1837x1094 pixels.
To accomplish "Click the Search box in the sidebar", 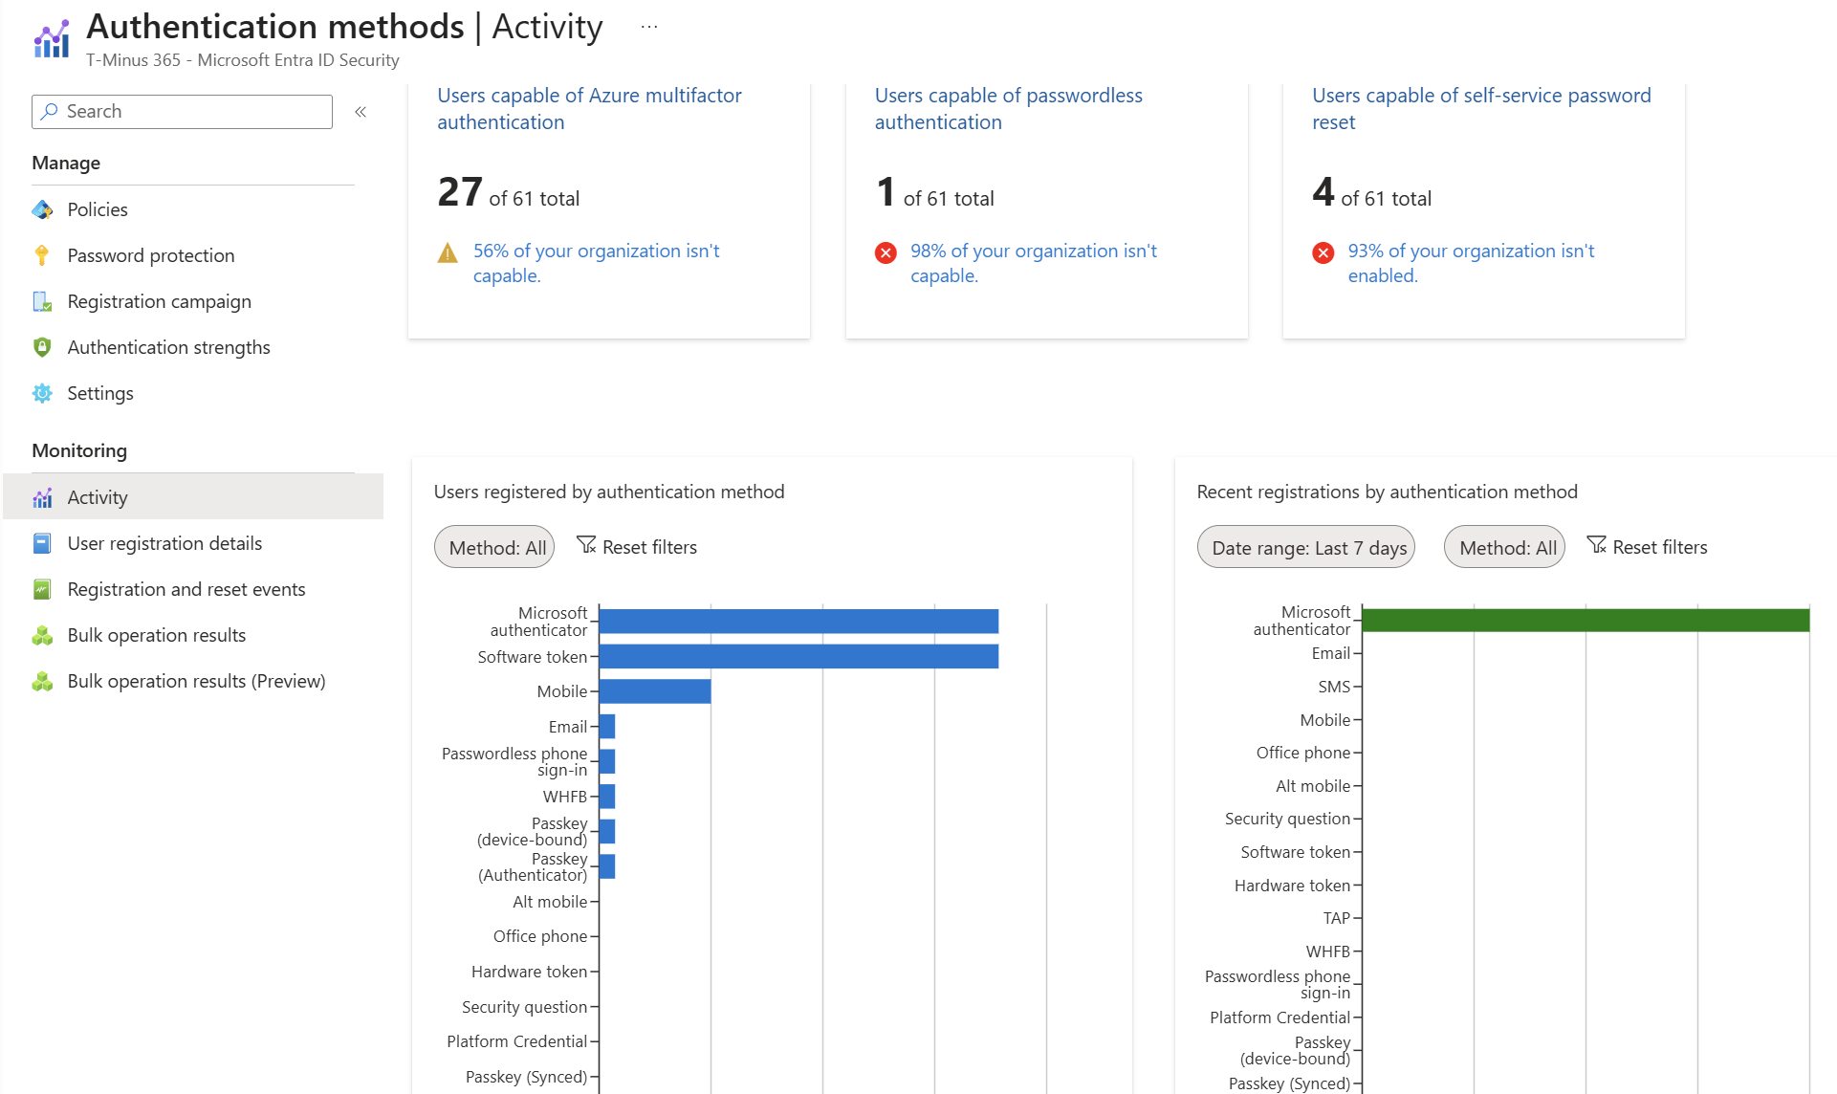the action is coord(182,112).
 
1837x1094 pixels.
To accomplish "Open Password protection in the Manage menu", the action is coord(150,255).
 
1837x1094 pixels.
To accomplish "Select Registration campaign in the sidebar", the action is coord(159,301).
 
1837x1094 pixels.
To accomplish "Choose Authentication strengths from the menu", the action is coord(168,347).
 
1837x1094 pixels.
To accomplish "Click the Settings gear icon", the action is coord(42,393).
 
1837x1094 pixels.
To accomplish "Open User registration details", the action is coord(164,543).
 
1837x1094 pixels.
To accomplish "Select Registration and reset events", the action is coord(186,589).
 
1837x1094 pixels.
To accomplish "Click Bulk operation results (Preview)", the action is coord(196,681).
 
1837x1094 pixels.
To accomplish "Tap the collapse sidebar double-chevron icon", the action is coord(361,112).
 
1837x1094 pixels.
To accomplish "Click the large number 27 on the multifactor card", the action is coord(460,192).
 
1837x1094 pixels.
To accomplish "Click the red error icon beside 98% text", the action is coord(886,252).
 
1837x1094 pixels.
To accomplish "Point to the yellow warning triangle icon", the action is coord(448,252).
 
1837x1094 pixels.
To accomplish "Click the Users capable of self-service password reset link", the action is coord(1481,109).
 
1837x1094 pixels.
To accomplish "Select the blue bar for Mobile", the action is coord(655,691).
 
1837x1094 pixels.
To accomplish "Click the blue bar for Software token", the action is coord(798,656).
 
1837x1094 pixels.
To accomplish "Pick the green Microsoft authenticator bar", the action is coord(1586,620).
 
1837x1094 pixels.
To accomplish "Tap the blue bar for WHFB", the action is coord(607,797).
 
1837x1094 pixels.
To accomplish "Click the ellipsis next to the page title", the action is coord(649,27).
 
